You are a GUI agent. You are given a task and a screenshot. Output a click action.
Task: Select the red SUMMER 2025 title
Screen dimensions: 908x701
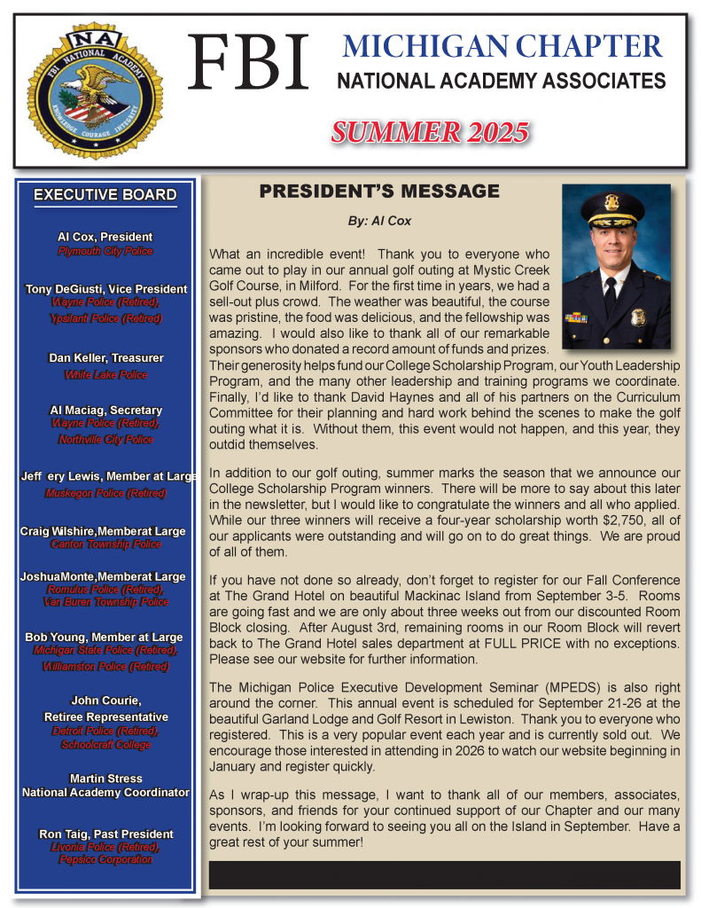click(430, 133)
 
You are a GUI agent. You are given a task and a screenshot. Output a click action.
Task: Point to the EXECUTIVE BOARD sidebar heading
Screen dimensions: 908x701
click(105, 195)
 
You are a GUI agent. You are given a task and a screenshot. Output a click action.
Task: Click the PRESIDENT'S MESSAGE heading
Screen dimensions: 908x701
click(379, 192)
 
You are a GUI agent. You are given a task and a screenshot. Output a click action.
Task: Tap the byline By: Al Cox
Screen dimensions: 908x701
click(380, 221)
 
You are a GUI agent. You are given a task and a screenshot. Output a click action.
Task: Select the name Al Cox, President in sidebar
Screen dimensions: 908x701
click(105, 237)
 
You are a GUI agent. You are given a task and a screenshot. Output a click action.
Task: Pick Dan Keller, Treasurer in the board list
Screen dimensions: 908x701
click(105, 358)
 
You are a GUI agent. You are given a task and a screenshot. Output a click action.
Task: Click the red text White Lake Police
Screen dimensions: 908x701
click(105, 375)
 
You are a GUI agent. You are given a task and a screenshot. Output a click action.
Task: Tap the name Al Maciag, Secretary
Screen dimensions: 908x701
click(105, 411)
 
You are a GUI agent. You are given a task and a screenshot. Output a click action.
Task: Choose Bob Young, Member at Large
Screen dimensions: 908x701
click(105, 637)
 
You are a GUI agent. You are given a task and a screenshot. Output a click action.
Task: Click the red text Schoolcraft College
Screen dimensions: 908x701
click(105, 745)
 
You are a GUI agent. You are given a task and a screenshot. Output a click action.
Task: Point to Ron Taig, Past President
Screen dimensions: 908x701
click(105, 834)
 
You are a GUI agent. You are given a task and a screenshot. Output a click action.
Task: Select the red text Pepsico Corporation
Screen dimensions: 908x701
click(105, 860)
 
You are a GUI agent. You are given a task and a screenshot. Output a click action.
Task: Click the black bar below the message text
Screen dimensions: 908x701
click(444, 874)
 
